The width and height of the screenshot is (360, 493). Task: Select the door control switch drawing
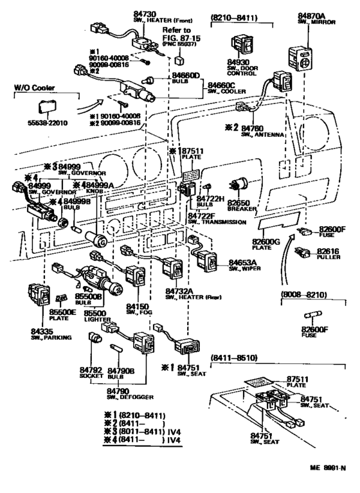[x=239, y=43]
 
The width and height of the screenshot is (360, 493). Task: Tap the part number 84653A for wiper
[x=244, y=263]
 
